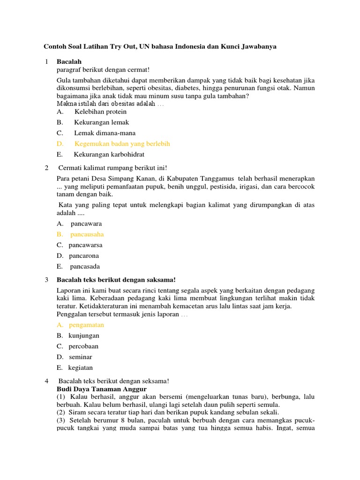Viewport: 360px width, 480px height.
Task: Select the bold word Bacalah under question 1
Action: click(x=69, y=61)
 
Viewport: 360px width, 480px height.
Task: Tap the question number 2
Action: click(x=46, y=168)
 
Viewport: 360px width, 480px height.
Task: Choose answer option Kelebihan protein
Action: click(x=100, y=112)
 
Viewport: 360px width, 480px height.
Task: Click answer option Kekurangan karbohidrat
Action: click(x=109, y=154)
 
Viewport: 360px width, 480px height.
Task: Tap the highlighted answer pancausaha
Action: click(x=87, y=234)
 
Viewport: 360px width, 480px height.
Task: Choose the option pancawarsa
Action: click(x=85, y=245)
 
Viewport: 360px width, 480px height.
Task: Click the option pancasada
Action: click(x=85, y=267)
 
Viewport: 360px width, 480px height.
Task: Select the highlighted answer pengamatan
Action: click(x=86, y=325)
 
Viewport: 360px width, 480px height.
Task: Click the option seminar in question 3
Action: click(x=80, y=357)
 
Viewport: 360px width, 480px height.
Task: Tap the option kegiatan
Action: click(x=80, y=368)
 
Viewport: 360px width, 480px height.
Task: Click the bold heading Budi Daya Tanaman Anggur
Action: click(x=102, y=389)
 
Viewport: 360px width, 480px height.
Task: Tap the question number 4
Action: click(x=46, y=381)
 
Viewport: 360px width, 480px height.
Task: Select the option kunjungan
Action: click(x=84, y=336)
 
